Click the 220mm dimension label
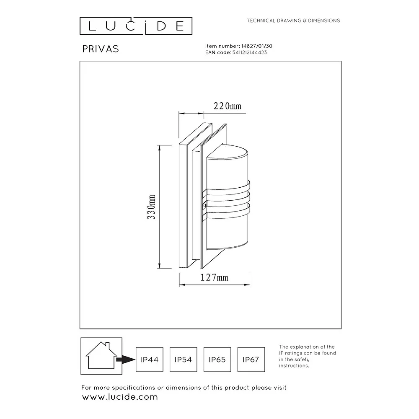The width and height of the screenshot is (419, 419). (228, 106)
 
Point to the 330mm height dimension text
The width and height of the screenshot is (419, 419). (151, 207)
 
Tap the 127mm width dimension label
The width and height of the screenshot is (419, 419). (214, 278)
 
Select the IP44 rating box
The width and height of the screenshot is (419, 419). (150, 360)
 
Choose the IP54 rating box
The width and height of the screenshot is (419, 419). (184, 360)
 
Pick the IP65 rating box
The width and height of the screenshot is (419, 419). (217, 360)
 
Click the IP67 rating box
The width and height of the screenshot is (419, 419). (251, 360)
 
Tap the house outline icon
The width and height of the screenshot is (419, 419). (101, 355)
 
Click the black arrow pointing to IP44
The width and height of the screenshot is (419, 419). (126, 360)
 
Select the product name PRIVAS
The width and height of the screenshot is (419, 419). (101, 49)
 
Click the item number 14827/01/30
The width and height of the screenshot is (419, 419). (257, 46)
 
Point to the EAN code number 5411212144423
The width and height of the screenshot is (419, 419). (250, 52)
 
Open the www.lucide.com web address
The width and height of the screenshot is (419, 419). (120, 397)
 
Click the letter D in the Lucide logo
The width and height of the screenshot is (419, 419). (162, 26)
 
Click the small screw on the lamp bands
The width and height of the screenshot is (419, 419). (205, 205)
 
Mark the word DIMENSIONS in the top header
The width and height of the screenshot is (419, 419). (324, 21)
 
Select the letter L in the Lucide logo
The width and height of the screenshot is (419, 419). (92, 26)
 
